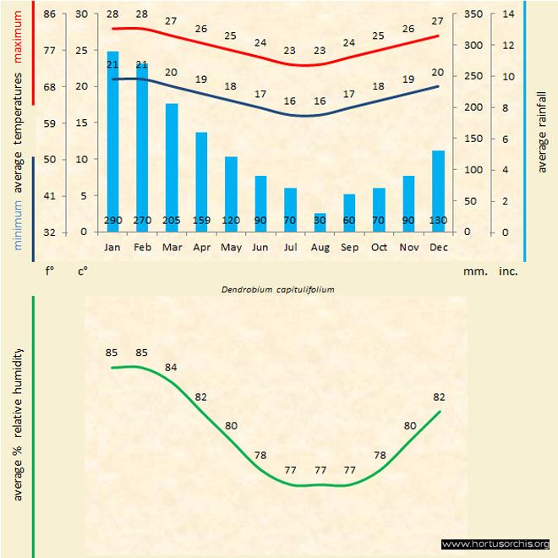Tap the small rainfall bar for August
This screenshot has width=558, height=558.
coord(320,222)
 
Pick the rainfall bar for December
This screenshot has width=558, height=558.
coord(438,190)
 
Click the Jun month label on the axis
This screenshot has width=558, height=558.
coord(260,248)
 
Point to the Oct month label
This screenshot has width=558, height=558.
coord(379,248)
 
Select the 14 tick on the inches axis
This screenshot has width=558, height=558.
coord(508,14)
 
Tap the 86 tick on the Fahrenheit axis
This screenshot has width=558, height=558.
coord(50,14)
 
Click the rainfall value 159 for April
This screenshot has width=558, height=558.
coord(201,222)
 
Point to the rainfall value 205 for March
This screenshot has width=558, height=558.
coord(172,222)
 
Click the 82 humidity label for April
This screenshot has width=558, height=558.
coord(201,397)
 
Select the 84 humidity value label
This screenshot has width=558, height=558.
coord(172,367)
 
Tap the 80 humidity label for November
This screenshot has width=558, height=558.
coord(409,426)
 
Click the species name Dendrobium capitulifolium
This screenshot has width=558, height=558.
coord(278,289)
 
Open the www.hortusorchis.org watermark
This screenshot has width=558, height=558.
coord(495,544)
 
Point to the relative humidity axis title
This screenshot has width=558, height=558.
coord(18,423)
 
